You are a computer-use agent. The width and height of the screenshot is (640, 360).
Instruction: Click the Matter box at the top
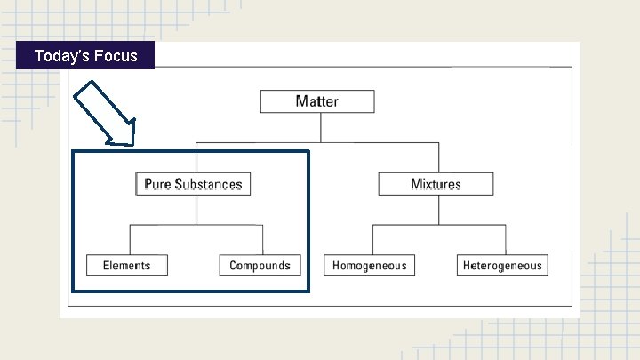(317, 100)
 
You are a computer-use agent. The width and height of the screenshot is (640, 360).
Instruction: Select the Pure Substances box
(193, 184)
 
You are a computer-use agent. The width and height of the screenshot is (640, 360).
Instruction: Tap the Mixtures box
(436, 184)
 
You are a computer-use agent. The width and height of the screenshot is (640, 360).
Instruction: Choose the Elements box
(126, 265)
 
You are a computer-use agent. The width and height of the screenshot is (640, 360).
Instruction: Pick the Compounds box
(260, 265)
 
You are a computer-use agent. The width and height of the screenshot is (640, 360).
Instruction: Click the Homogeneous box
(370, 265)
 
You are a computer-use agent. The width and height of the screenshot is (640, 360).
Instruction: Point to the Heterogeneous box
(502, 265)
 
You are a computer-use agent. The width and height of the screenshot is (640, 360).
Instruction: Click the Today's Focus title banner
(85, 56)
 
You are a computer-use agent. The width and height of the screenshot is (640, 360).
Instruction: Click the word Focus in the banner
(116, 56)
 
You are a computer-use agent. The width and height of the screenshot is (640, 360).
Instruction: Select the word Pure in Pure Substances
(157, 184)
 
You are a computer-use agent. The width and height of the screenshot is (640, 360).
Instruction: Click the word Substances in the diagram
(208, 184)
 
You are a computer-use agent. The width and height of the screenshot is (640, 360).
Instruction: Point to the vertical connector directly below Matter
(317, 126)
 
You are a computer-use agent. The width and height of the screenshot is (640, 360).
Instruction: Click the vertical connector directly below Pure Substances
(196, 211)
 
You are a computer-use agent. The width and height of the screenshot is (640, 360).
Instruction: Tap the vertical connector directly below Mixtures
(436, 211)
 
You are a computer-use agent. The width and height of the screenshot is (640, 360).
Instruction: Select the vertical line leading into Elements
(131, 240)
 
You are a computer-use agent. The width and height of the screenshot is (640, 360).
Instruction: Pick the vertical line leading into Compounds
(262, 240)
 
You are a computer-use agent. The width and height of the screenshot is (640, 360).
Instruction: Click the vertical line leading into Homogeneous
(372, 240)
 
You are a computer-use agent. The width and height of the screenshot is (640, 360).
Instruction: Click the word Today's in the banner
(60, 56)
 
